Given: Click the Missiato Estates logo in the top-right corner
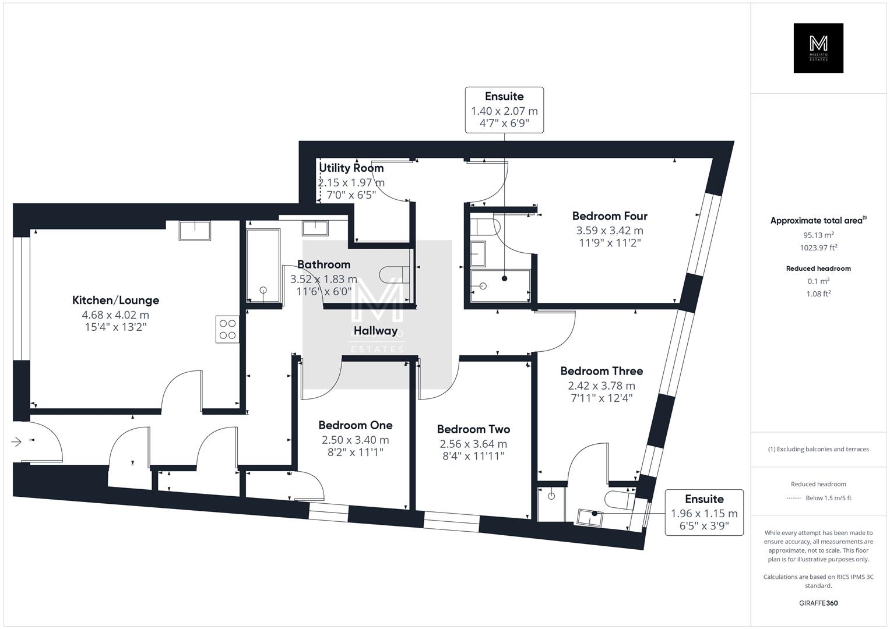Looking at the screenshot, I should point(818,48).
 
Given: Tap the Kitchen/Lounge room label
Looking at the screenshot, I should point(115,301).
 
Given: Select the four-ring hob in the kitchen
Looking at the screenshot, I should point(227,328).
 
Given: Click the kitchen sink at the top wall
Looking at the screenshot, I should point(195,231).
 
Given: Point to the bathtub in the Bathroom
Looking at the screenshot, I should point(263,266).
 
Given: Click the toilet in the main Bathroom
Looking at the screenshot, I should point(394,273).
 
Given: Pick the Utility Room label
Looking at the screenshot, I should point(351,168).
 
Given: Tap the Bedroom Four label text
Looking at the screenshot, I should point(610,216).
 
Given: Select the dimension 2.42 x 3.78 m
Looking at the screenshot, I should point(601,386).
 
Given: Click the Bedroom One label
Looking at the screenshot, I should point(355,425).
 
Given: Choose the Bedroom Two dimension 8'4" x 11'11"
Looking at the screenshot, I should point(473,456).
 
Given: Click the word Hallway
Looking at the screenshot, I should point(375,331).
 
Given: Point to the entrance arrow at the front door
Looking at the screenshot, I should point(16,442).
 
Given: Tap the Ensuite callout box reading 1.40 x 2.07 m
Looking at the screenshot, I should point(504,110).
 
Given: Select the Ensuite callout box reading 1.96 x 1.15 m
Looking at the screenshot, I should point(704,513).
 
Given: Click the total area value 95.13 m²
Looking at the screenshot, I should point(818,235).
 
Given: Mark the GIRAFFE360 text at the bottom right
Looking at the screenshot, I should point(818,603).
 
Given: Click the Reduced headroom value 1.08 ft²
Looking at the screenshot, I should point(818,294).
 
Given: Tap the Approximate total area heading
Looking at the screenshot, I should point(818,221).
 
